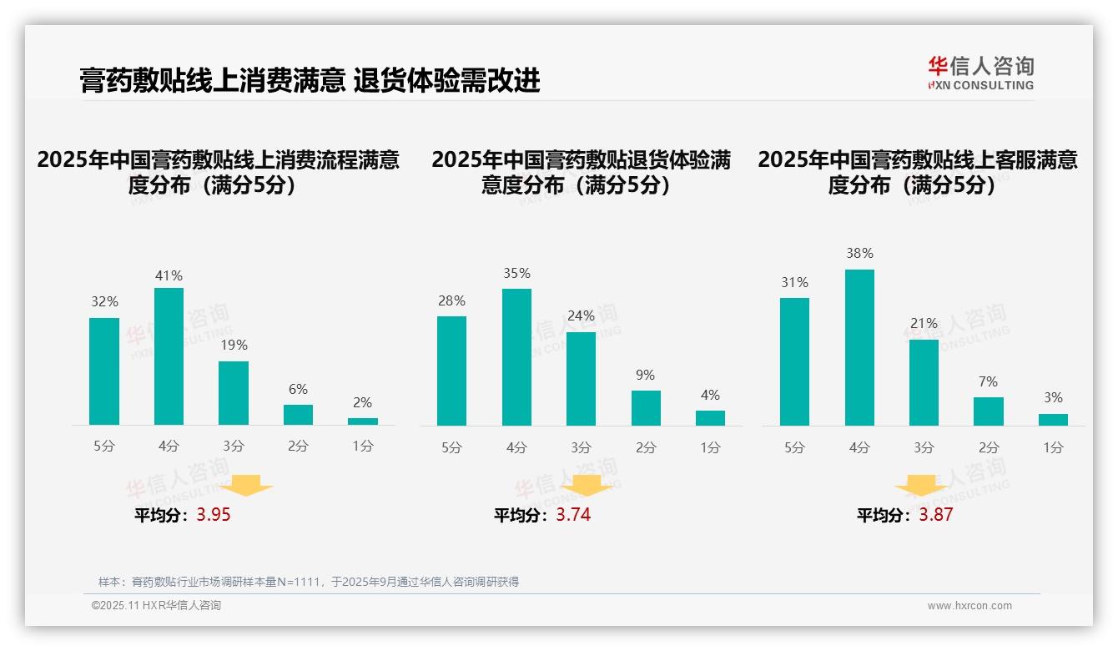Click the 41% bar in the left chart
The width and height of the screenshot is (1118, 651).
point(169,356)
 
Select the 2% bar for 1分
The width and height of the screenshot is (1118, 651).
point(363,421)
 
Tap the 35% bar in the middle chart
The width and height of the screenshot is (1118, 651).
point(516,357)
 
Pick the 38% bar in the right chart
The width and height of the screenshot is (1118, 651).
point(859,347)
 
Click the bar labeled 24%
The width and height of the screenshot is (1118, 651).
point(581,379)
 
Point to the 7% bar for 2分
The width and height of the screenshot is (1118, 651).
point(989,411)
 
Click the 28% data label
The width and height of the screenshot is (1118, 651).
point(451,301)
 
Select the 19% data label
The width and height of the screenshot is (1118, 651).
point(234,346)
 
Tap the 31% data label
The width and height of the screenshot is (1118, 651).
point(794,283)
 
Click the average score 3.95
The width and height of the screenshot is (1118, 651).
point(214,515)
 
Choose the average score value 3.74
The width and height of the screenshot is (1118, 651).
point(573,515)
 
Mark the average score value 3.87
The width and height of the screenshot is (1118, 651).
point(935,515)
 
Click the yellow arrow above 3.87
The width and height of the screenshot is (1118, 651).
point(921,487)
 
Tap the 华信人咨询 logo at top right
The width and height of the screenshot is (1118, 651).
point(980,73)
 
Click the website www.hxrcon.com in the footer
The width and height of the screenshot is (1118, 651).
point(969,606)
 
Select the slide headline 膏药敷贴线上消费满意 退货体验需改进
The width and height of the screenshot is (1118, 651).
point(310,80)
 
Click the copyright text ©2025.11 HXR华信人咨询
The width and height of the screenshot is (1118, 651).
point(157,606)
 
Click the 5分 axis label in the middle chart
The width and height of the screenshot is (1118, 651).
point(451,448)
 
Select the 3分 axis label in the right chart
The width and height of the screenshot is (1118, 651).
point(924,448)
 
